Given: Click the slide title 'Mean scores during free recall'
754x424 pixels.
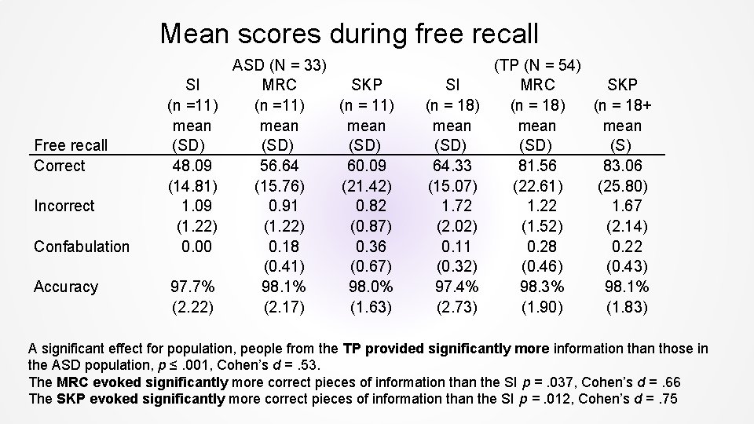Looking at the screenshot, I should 350,34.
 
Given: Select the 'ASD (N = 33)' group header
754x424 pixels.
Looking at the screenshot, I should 280,64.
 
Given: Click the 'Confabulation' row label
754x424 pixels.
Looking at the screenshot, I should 82,247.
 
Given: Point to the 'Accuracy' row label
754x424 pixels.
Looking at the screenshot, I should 66,287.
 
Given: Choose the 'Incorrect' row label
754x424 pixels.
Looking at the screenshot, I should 64,206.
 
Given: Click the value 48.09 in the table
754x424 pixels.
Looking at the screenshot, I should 192,166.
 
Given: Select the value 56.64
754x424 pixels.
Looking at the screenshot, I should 280,166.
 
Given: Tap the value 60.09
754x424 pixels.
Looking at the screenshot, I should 366,166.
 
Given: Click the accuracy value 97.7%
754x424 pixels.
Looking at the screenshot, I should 192,287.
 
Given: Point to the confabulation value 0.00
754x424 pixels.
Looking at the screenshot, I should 192,247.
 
